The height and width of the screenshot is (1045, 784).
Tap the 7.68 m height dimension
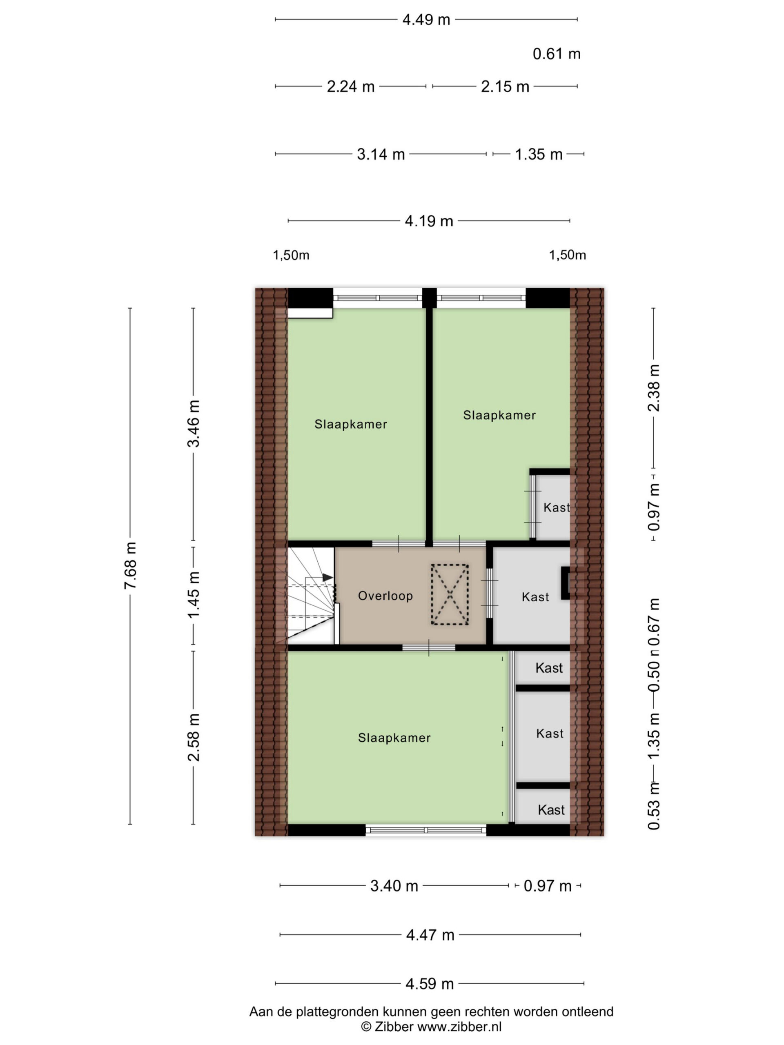[x=130, y=565]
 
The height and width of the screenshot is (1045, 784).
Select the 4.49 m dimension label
[x=426, y=20]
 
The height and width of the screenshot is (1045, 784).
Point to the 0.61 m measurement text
[x=556, y=54]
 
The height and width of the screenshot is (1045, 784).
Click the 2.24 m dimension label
[x=351, y=87]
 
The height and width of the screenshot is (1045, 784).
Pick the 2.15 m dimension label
[x=505, y=87]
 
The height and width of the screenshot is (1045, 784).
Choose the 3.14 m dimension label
[x=381, y=154]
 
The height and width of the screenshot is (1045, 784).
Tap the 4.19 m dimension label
[x=429, y=221]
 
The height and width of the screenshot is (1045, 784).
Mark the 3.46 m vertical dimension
[x=193, y=423]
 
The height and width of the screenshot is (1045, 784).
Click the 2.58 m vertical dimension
[x=193, y=737]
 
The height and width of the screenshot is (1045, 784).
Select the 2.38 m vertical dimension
[x=654, y=388]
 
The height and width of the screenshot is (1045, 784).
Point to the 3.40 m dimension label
[x=394, y=886]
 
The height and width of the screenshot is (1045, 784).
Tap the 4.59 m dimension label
[x=430, y=984]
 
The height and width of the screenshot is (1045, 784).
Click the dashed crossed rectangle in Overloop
[x=450, y=595]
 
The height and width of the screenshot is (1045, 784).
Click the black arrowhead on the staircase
[x=327, y=577]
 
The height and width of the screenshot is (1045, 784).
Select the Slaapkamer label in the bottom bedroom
[x=394, y=738]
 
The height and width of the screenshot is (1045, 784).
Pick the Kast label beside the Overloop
[x=535, y=597]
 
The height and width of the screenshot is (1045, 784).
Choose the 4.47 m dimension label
[x=430, y=935]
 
